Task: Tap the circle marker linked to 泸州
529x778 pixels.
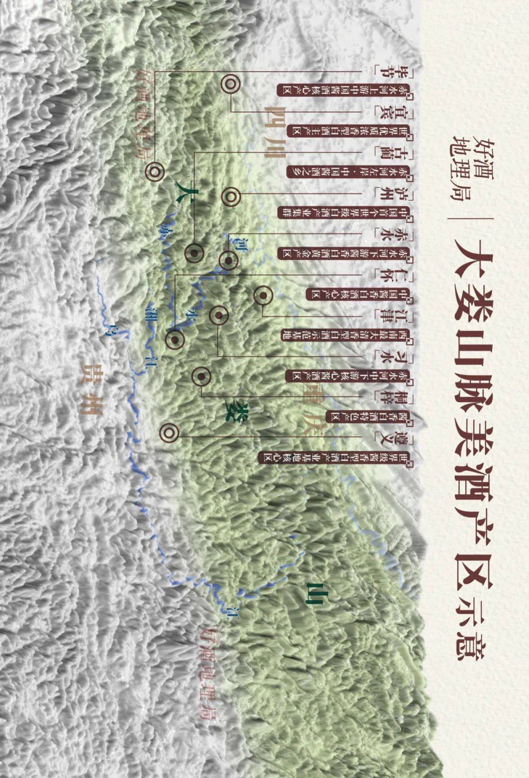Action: click(230, 197)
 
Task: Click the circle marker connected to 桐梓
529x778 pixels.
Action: click(201, 377)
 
